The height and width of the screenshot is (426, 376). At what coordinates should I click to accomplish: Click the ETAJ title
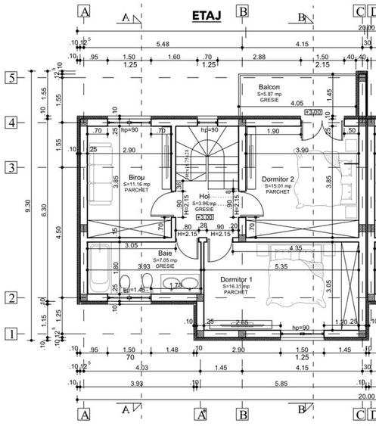[x=206, y=14]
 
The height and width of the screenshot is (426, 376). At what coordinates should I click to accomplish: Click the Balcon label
[x=269, y=88]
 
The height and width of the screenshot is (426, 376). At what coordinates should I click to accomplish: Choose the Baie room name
[x=164, y=253]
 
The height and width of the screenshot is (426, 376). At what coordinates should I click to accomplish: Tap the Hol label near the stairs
[x=204, y=197]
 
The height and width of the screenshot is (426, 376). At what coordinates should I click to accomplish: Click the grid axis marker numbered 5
[x=11, y=77]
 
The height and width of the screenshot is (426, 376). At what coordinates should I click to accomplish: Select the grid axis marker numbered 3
[x=11, y=167]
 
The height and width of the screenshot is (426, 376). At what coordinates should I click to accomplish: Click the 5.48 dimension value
[x=162, y=44]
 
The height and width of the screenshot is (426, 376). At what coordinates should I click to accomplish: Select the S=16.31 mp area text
[x=241, y=287]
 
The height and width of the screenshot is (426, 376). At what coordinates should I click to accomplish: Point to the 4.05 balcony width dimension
[x=296, y=104]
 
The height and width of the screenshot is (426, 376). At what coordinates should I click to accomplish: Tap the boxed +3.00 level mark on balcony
[x=312, y=112]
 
